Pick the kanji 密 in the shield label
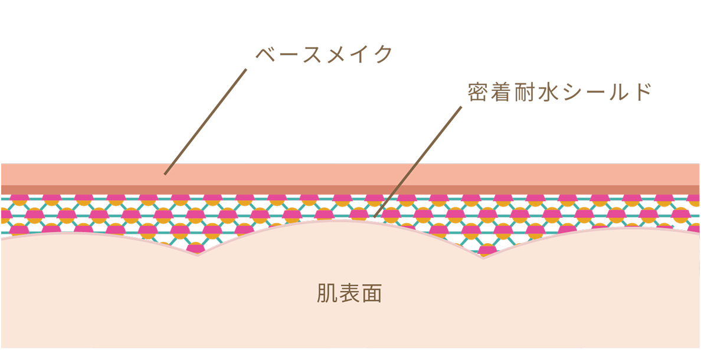coord(477,93)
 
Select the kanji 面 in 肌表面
coord(372,293)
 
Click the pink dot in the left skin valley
coord(194,248)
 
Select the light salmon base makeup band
coord(350,174)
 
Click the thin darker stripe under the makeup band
coord(350,189)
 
